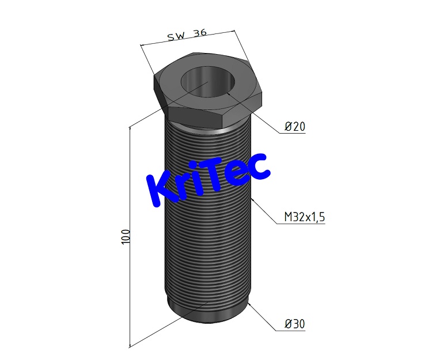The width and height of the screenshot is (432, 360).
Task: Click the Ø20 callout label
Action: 294,127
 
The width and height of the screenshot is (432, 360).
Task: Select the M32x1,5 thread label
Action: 305,217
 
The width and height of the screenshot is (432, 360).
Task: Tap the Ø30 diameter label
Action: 294,324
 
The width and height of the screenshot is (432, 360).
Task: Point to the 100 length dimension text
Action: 126,236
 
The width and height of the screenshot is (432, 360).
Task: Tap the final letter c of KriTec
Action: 259,165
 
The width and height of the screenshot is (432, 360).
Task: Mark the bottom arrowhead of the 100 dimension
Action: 130,343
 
